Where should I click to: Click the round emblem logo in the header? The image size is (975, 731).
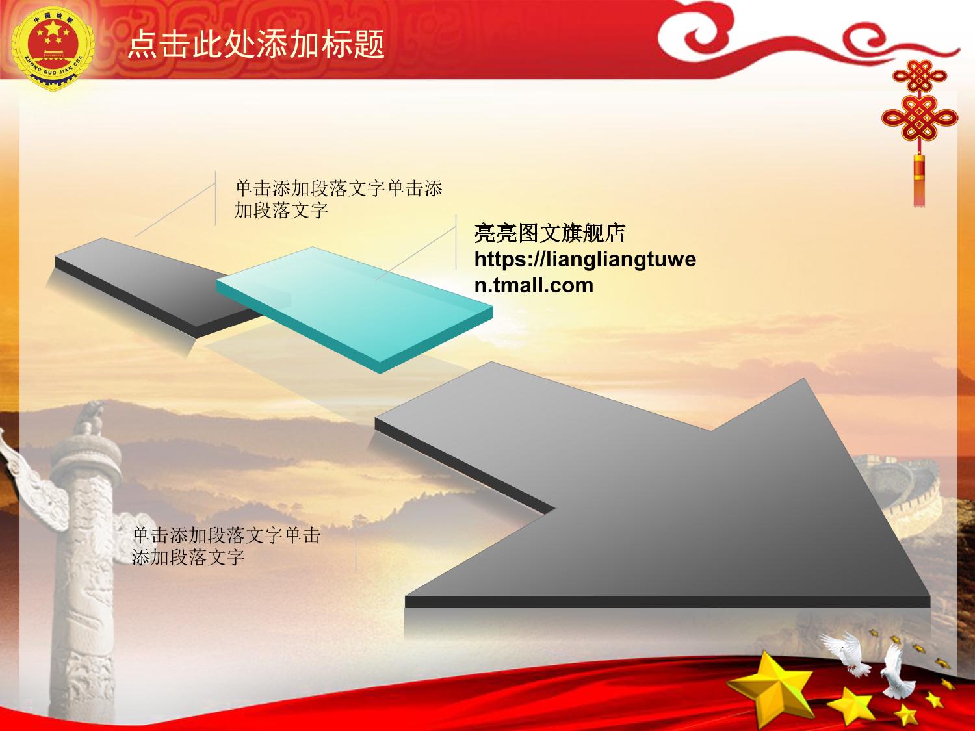(x=53, y=49)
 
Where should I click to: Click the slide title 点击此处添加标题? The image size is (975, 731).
(x=256, y=44)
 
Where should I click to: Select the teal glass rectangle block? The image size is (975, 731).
(x=354, y=309)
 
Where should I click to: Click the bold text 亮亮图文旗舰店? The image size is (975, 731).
(x=550, y=233)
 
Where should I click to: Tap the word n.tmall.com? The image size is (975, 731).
(x=534, y=285)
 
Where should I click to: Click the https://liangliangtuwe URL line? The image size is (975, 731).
(x=585, y=260)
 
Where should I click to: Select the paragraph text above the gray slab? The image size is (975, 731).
(x=338, y=199)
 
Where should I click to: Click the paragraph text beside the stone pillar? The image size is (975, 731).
(x=226, y=546)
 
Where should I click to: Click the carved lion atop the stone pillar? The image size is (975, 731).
(x=90, y=418)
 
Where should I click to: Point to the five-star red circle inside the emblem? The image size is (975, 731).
(x=53, y=44)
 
